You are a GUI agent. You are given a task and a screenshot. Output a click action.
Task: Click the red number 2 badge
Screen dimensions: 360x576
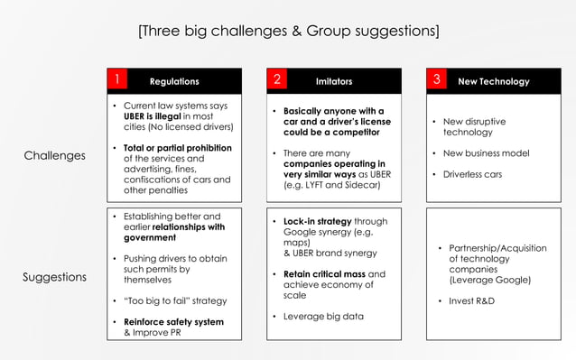(x=278, y=80)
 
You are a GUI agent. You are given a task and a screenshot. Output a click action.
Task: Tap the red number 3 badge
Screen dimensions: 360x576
(x=437, y=80)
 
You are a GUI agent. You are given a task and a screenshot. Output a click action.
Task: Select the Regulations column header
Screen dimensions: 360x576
(x=174, y=81)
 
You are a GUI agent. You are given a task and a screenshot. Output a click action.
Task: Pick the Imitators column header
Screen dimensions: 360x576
(x=334, y=81)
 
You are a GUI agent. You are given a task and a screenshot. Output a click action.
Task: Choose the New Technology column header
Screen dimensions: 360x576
(x=494, y=81)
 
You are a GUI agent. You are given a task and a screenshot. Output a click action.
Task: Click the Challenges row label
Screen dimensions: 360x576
(x=55, y=156)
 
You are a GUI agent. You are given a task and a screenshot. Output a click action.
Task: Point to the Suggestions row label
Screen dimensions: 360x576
(x=55, y=277)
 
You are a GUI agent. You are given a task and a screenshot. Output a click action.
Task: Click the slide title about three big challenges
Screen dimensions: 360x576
(x=288, y=32)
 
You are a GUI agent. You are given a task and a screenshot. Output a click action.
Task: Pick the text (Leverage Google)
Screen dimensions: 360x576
(x=489, y=280)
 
